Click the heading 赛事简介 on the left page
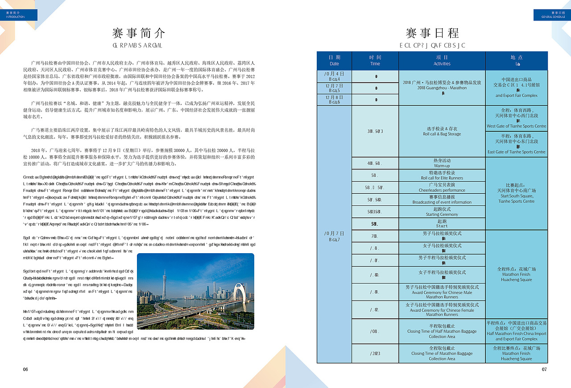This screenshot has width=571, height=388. point(139,33)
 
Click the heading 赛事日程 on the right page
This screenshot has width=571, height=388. point(432,33)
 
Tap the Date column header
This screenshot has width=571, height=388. point(334,61)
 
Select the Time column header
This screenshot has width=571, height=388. point(375,61)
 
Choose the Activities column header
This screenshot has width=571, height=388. point(442,61)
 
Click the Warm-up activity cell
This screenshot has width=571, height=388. point(442,163)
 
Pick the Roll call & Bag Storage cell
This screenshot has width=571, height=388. point(442,131)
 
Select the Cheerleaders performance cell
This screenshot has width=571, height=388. point(442,187)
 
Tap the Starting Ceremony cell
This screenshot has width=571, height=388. point(442,212)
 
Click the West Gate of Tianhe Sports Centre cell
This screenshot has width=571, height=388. point(516,118)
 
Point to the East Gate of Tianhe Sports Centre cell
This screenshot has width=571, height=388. point(516,144)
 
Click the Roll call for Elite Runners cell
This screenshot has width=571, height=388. point(442,175)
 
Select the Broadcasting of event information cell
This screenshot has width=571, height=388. point(442,200)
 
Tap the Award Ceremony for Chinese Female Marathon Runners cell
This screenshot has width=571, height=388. point(442,309)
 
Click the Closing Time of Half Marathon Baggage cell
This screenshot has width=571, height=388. point(442,331)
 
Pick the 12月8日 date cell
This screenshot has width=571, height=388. point(334,100)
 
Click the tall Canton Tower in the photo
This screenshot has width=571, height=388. point(164,286)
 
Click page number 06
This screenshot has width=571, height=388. point(25,369)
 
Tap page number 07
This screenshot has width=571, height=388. point(544,369)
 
